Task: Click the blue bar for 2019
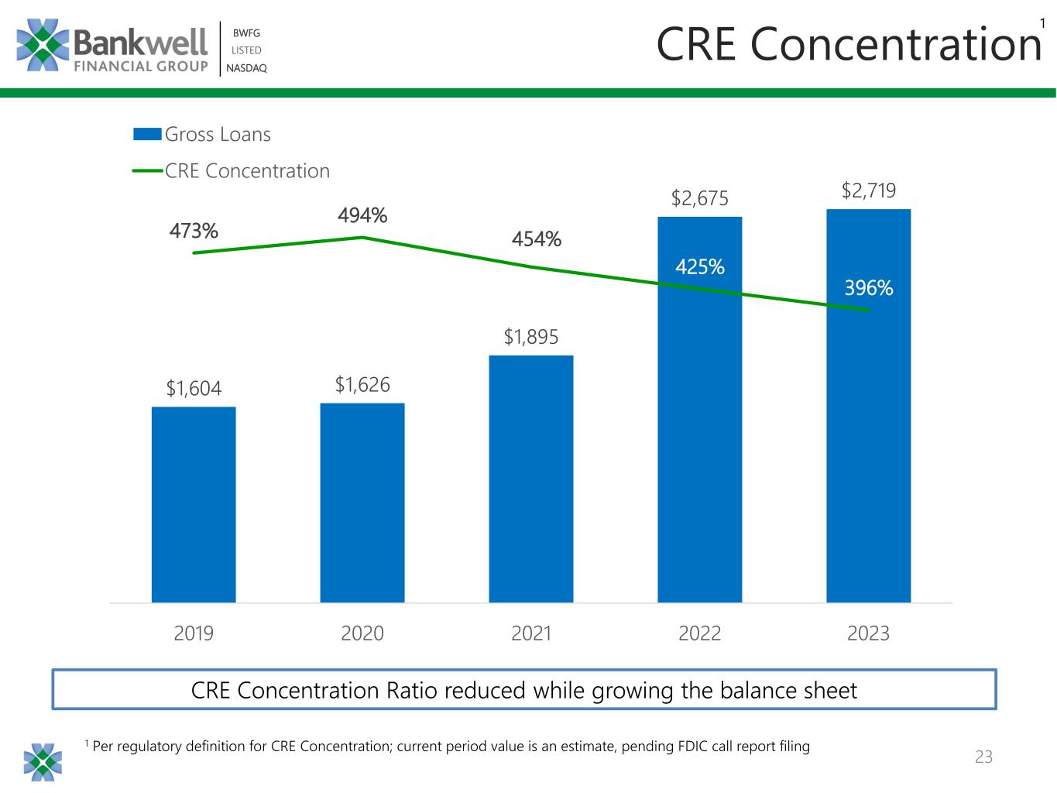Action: [194, 504]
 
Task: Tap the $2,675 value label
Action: [699, 198]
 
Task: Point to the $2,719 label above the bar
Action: [868, 191]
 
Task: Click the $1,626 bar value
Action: [362, 384]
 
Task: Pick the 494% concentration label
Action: [362, 215]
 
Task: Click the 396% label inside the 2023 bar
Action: [868, 288]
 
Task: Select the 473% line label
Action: [194, 231]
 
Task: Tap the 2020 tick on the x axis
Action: [362, 633]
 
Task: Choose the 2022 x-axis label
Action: [699, 633]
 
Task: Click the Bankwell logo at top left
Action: [112, 46]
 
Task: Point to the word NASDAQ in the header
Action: [246, 68]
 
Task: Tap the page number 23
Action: [983, 757]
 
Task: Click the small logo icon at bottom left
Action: [43, 761]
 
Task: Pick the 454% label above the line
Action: [536, 239]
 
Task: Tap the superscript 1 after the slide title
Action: [1042, 24]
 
